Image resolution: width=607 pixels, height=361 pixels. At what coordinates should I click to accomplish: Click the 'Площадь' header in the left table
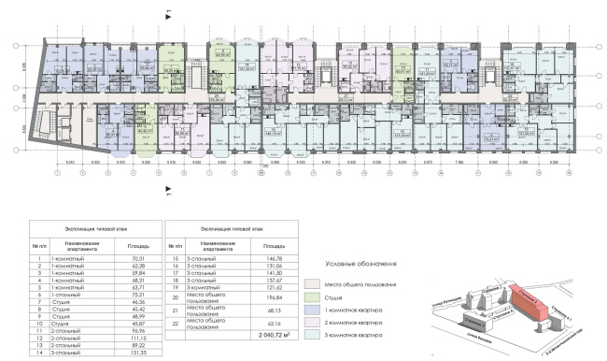coord(125,244)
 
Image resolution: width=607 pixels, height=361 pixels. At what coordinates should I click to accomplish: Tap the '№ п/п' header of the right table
coord(175,244)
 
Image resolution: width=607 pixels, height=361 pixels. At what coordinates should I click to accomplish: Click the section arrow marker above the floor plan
coord(167,14)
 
